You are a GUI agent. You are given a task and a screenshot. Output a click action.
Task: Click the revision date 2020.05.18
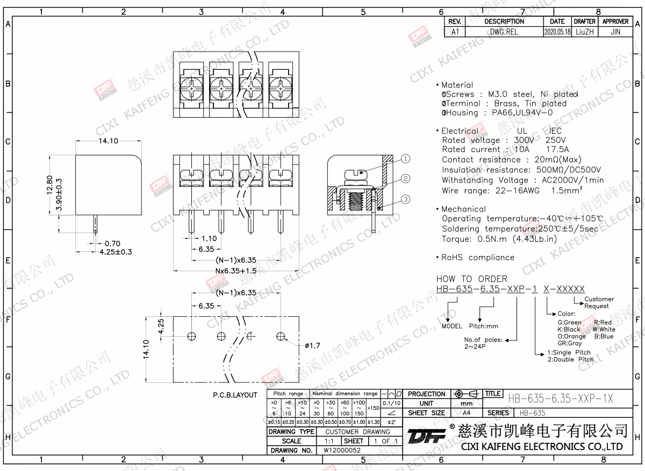(557, 32)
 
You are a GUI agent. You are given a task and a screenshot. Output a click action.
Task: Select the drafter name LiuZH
(584, 32)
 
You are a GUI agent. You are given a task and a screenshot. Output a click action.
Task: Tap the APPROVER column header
(615, 21)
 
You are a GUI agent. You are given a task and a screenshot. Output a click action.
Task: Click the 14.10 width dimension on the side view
(107, 141)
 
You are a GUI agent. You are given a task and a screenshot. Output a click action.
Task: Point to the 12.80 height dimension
(50, 186)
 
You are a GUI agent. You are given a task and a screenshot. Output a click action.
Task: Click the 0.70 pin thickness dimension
(112, 243)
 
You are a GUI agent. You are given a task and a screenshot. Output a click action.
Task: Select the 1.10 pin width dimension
(209, 238)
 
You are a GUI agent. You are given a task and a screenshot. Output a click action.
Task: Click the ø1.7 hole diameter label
(312, 345)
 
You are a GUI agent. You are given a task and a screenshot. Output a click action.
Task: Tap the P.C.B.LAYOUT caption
(235, 395)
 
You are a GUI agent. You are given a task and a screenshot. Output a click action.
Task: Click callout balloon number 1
(405, 158)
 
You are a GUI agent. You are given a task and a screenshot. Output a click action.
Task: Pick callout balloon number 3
(405, 199)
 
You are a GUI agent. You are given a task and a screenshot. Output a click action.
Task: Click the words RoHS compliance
(478, 257)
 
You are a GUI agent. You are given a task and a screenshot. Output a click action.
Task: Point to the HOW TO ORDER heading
(471, 279)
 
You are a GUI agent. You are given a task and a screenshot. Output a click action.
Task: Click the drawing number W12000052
(342, 450)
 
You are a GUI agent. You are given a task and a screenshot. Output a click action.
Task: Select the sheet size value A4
(466, 413)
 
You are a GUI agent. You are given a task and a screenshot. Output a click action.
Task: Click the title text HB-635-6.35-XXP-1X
(560, 398)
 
